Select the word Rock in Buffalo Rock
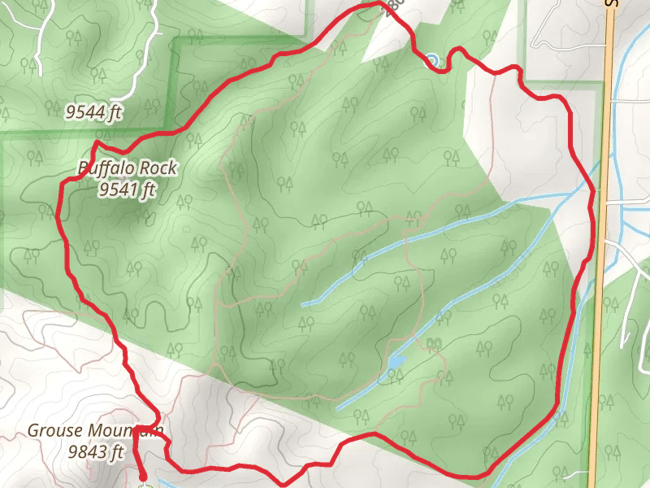click(x=158, y=168)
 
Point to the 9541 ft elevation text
click(x=127, y=191)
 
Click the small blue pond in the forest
click(x=396, y=360)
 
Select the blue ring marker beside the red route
click(x=431, y=59)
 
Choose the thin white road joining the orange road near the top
click(x=569, y=46)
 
